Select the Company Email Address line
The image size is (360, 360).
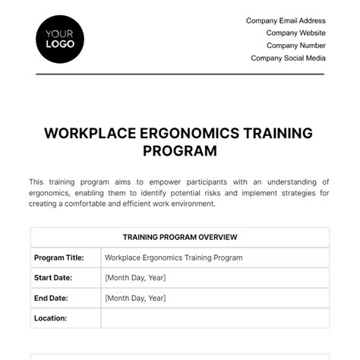coord(286,21)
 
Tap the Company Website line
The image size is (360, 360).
coord(295,33)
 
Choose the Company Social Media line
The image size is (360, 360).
coord(288,58)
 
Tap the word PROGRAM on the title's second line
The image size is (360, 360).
coord(180,150)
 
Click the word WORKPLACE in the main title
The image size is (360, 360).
coord(86,133)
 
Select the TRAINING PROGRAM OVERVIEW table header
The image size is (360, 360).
coord(180,237)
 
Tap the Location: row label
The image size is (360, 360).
coord(51,318)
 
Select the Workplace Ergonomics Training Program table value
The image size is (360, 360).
coord(174,257)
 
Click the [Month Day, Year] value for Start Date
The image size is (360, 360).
coord(135,277)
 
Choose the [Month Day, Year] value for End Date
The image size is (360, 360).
coord(135,298)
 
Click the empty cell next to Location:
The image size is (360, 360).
coord(215,318)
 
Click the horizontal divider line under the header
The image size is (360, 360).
coord(180,74)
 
